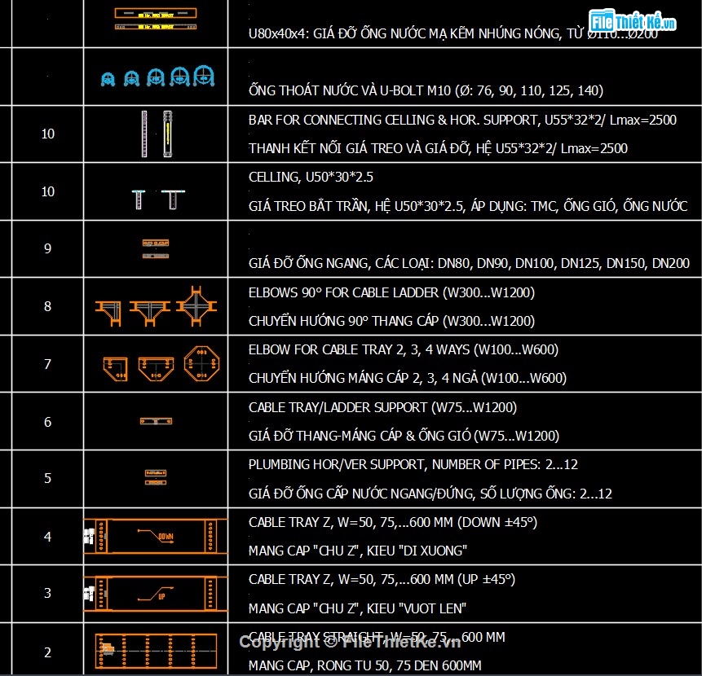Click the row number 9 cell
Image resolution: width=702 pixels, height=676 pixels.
coord(47,248)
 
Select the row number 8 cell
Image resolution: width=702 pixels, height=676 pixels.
coord(47,306)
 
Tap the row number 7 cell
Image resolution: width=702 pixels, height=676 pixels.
coord(47,364)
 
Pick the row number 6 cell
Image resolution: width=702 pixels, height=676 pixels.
coord(47,422)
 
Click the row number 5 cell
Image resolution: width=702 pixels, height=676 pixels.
coord(47,479)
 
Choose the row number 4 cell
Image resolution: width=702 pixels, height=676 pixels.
coord(47,537)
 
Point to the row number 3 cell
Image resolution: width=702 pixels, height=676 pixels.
coord(47,593)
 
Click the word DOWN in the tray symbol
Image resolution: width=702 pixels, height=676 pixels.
coord(166,538)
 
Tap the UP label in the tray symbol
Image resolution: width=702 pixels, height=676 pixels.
coord(161,597)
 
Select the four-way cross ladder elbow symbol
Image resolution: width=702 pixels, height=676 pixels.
coord(196,306)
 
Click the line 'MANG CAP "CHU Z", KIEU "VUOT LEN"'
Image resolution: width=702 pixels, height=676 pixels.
coord(357,608)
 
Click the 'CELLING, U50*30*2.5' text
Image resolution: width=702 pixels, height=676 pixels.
coord(311,177)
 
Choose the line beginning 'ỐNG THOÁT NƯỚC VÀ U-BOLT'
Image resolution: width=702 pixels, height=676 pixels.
coord(426,90)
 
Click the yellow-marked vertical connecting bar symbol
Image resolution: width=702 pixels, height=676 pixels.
coord(169,133)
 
